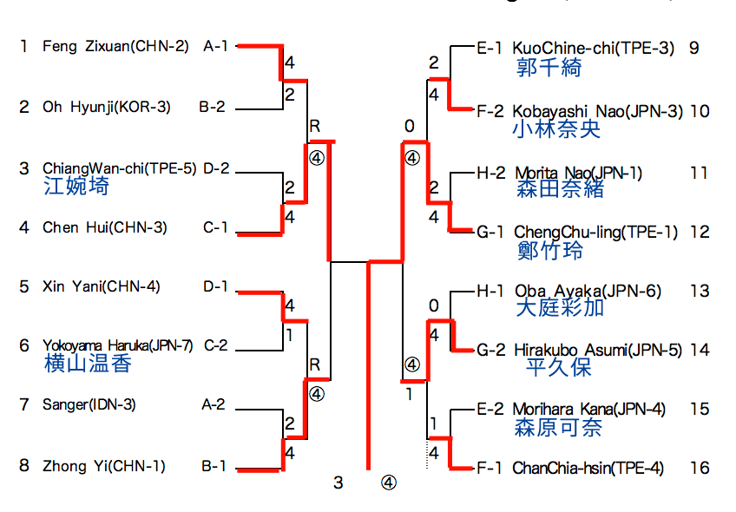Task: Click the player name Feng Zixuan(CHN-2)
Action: pos(115,46)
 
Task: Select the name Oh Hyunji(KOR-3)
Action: pos(107,108)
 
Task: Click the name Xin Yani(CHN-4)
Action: pos(101,286)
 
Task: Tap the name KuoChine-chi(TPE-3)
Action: pos(594,48)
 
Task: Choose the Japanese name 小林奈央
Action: pos(556,129)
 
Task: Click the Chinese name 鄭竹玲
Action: pos(549,251)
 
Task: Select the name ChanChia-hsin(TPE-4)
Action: pos(588,469)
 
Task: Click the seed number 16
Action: pos(700,469)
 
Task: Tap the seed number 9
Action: pos(694,48)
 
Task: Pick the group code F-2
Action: pos(490,111)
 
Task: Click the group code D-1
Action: pos(216,286)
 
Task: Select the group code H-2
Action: pos(490,173)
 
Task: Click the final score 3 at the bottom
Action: pos(338,482)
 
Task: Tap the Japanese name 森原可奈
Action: pos(558,427)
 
